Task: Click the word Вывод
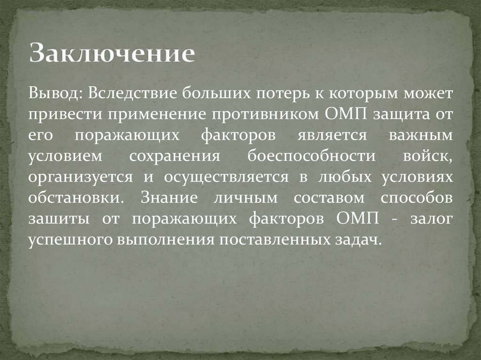click(52, 92)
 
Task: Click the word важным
click(421, 136)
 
